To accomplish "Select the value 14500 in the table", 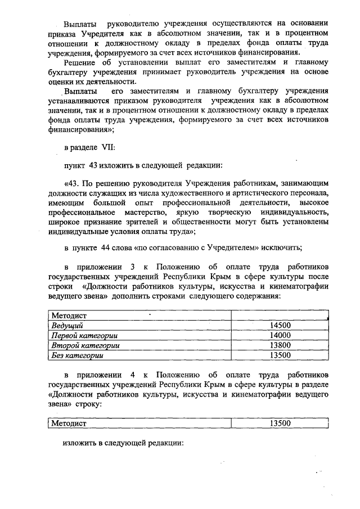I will point(279,326).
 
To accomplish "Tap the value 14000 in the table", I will point(279,335).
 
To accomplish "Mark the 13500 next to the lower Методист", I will point(279,423).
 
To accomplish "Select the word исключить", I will point(282,248).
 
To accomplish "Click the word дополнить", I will point(134,295).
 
